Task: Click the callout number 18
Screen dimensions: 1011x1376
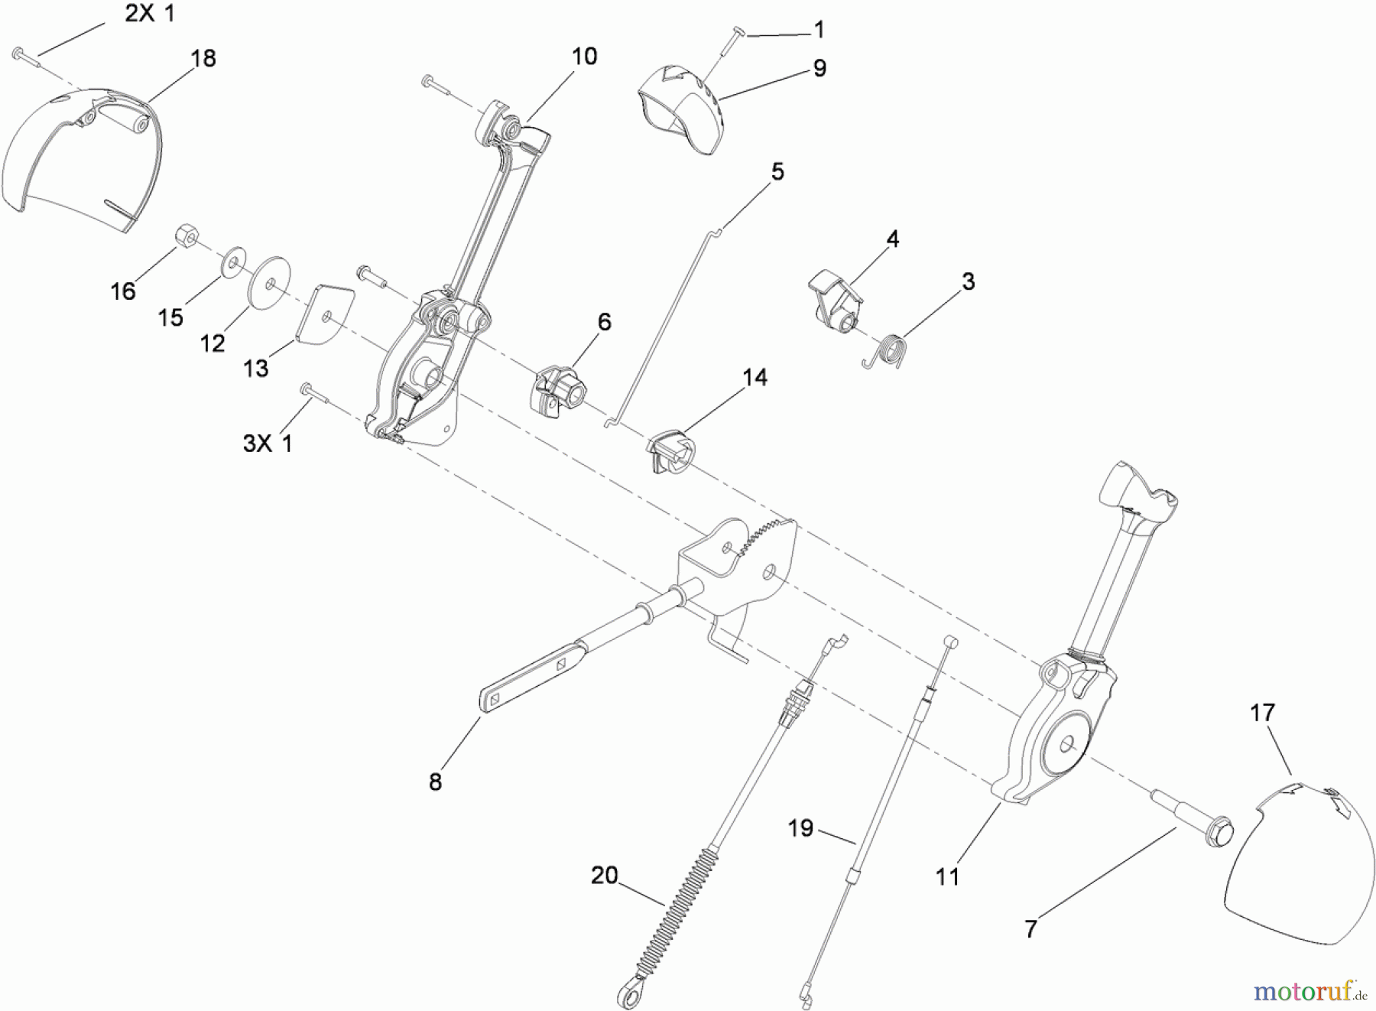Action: point(203,59)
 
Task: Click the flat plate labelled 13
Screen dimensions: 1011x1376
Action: point(324,314)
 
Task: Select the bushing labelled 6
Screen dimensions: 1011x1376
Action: point(556,392)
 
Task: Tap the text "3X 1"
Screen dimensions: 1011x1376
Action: point(268,444)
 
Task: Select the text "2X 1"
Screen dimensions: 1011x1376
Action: point(150,14)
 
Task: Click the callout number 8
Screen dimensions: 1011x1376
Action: point(435,782)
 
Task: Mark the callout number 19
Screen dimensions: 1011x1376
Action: point(800,828)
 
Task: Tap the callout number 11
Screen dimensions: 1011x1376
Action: point(947,876)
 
